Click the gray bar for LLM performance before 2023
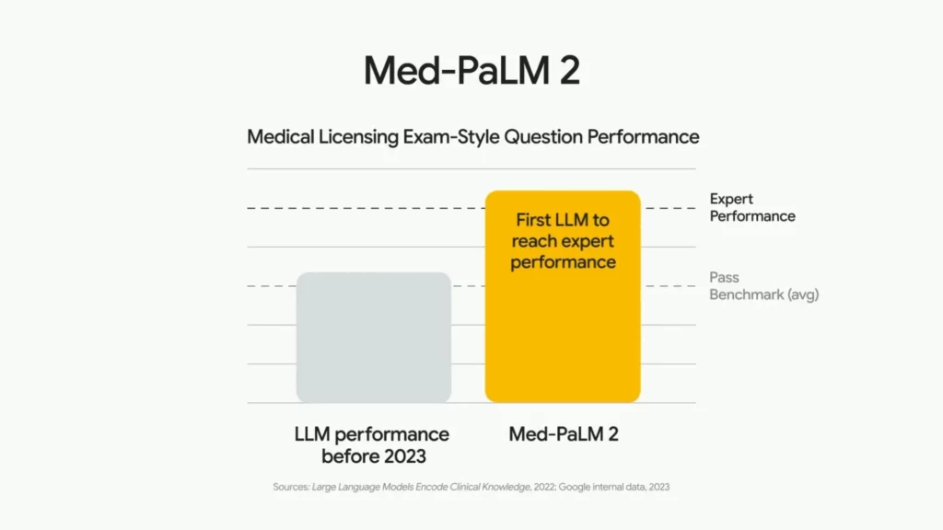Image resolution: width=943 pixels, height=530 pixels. pos(373,338)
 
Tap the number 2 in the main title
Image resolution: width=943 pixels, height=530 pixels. pos(569,71)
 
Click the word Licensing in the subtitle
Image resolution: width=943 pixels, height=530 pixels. pos(357,137)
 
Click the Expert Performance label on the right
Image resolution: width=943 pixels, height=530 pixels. pos(751,208)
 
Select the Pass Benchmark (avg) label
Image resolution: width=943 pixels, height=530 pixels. pos(763,286)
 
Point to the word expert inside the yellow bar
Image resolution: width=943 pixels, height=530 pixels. pos(584,241)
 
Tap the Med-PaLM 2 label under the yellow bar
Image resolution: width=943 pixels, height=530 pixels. pos(564,434)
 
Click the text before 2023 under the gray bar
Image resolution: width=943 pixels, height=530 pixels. pos(372,456)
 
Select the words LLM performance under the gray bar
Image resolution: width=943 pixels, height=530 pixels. pos(372,434)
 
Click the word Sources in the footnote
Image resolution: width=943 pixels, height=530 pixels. pos(291,487)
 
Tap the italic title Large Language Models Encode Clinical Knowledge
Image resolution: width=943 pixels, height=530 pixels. pos(421,487)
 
